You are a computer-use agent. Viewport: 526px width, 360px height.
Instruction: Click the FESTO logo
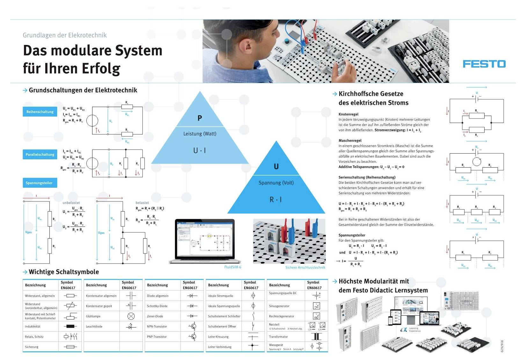click(x=484, y=64)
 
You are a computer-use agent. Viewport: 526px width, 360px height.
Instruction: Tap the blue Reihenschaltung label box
click(x=40, y=112)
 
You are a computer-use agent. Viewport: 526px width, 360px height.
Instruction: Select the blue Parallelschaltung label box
click(x=40, y=155)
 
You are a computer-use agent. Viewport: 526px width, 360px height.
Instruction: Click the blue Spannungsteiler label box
click(x=40, y=183)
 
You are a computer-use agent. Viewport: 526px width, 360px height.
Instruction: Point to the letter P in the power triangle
click(x=200, y=118)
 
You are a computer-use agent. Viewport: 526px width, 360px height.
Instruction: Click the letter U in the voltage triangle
click(x=276, y=167)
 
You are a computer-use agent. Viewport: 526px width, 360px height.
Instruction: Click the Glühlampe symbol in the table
click(x=131, y=316)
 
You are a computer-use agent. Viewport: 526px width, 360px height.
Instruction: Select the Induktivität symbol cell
click(x=70, y=326)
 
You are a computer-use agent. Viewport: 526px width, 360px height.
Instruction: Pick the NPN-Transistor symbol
click(x=192, y=326)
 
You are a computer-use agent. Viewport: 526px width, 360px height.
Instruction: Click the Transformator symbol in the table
click(x=317, y=336)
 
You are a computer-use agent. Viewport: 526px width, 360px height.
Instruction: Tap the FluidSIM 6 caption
click(x=233, y=267)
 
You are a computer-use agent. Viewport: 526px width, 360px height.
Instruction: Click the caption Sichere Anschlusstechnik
click(x=305, y=268)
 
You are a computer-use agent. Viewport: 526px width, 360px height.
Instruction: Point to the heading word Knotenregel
click(x=348, y=114)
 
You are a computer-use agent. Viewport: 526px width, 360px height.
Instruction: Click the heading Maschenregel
click(x=350, y=140)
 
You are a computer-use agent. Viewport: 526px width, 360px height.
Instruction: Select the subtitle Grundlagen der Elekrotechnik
click(x=65, y=35)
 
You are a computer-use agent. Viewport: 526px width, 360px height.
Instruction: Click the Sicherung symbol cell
click(x=70, y=347)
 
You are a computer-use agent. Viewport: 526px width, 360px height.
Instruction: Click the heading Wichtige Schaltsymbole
click(x=63, y=272)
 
